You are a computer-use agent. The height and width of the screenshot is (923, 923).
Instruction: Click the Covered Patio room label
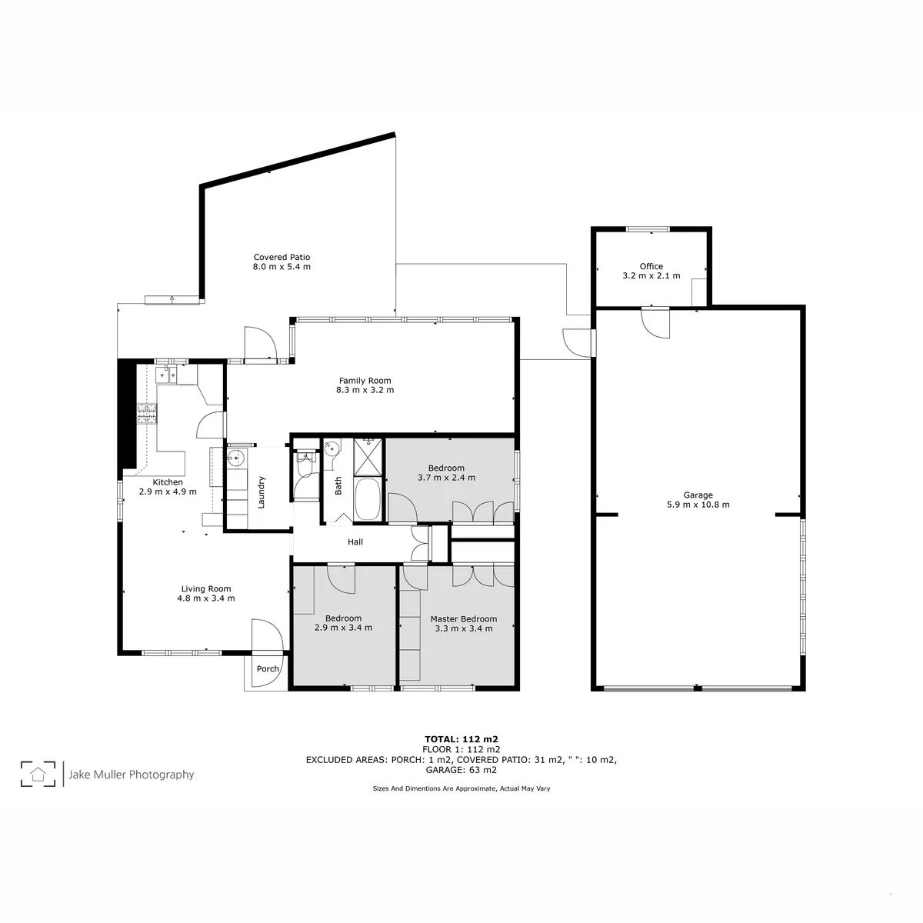click(282, 257)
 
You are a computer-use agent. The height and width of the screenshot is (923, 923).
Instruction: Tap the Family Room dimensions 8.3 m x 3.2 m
click(365, 390)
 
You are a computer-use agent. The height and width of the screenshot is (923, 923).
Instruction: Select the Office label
click(651, 266)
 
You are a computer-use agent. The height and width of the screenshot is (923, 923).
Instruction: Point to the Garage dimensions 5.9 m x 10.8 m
click(698, 505)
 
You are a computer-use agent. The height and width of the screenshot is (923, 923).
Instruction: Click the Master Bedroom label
click(464, 619)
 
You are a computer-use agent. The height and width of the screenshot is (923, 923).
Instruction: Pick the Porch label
click(268, 668)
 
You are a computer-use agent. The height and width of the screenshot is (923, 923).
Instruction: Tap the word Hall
click(355, 541)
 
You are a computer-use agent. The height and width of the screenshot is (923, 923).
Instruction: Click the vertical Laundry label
click(261, 492)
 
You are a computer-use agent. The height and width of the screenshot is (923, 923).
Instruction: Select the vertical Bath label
click(338, 485)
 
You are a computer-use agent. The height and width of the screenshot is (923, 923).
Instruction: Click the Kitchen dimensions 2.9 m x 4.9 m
click(168, 491)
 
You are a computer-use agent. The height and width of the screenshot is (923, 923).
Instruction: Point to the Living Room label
click(206, 588)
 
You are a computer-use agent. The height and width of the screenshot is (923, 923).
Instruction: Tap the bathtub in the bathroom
click(368, 499)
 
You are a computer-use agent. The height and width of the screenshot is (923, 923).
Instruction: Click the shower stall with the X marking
click(368, 457)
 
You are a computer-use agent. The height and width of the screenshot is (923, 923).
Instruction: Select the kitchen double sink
click(166, 375)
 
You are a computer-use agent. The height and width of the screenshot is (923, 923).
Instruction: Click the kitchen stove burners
click(147, 415)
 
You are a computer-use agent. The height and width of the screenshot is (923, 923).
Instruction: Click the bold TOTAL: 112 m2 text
click(461, 739)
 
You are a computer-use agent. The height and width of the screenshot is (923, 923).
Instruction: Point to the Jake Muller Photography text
click(132, 775)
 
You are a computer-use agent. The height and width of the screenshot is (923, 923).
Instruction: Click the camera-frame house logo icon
click(38, 774)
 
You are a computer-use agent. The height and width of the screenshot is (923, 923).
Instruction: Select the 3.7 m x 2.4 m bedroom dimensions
click(446, 478)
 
